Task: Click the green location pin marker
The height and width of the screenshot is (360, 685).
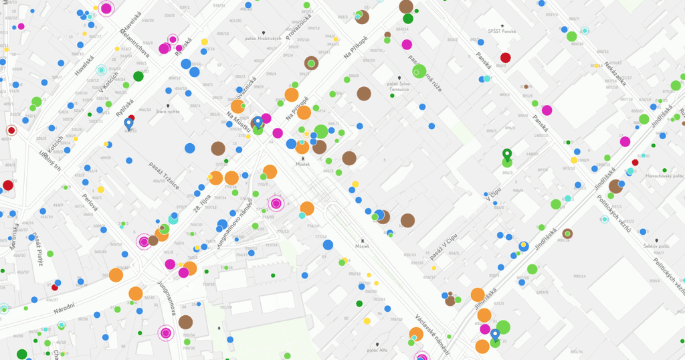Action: click(x=507, y=156)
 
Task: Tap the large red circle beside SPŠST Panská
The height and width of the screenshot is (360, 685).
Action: click(x=506, y=58)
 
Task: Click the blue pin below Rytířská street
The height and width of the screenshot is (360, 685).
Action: click(x=128, y=123)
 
